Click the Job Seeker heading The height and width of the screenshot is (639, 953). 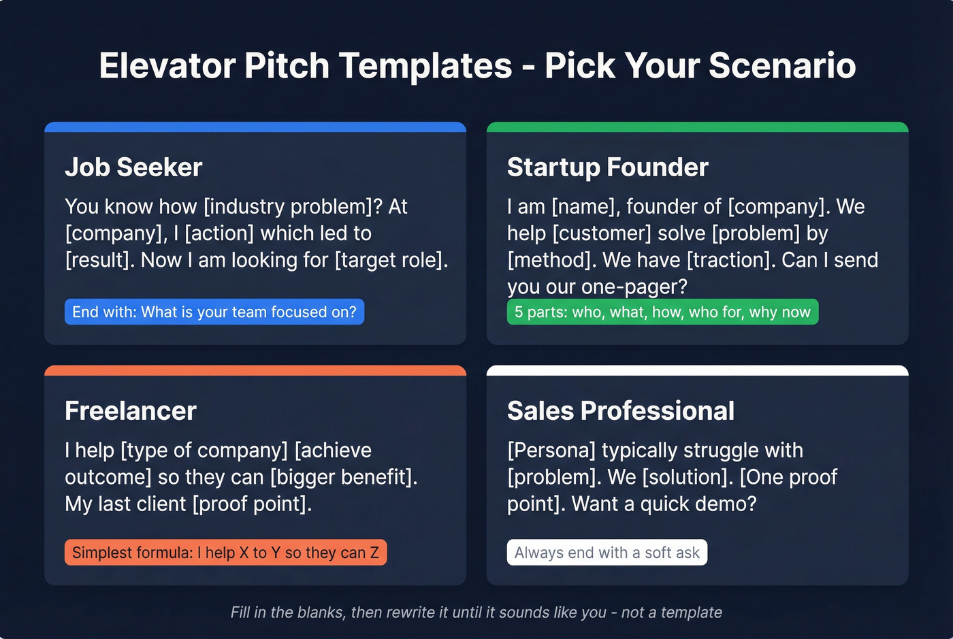[133, 167]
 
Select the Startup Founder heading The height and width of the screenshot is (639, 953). [607, 167]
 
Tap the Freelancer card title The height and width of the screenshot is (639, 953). [131, 411]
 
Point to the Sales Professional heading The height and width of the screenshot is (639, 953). [620, 411]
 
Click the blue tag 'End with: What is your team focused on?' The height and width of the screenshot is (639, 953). [214, 312]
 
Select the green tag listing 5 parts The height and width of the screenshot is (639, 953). [662, 312]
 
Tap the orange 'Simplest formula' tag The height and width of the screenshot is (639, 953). [225, 553]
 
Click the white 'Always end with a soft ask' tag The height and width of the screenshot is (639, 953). [607, 553]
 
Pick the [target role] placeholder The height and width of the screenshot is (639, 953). [391, 260]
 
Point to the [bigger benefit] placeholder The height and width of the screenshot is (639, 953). [343, 477]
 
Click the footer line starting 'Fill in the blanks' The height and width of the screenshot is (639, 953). [476, 612]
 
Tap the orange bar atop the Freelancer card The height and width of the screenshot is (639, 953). [255, 371]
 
